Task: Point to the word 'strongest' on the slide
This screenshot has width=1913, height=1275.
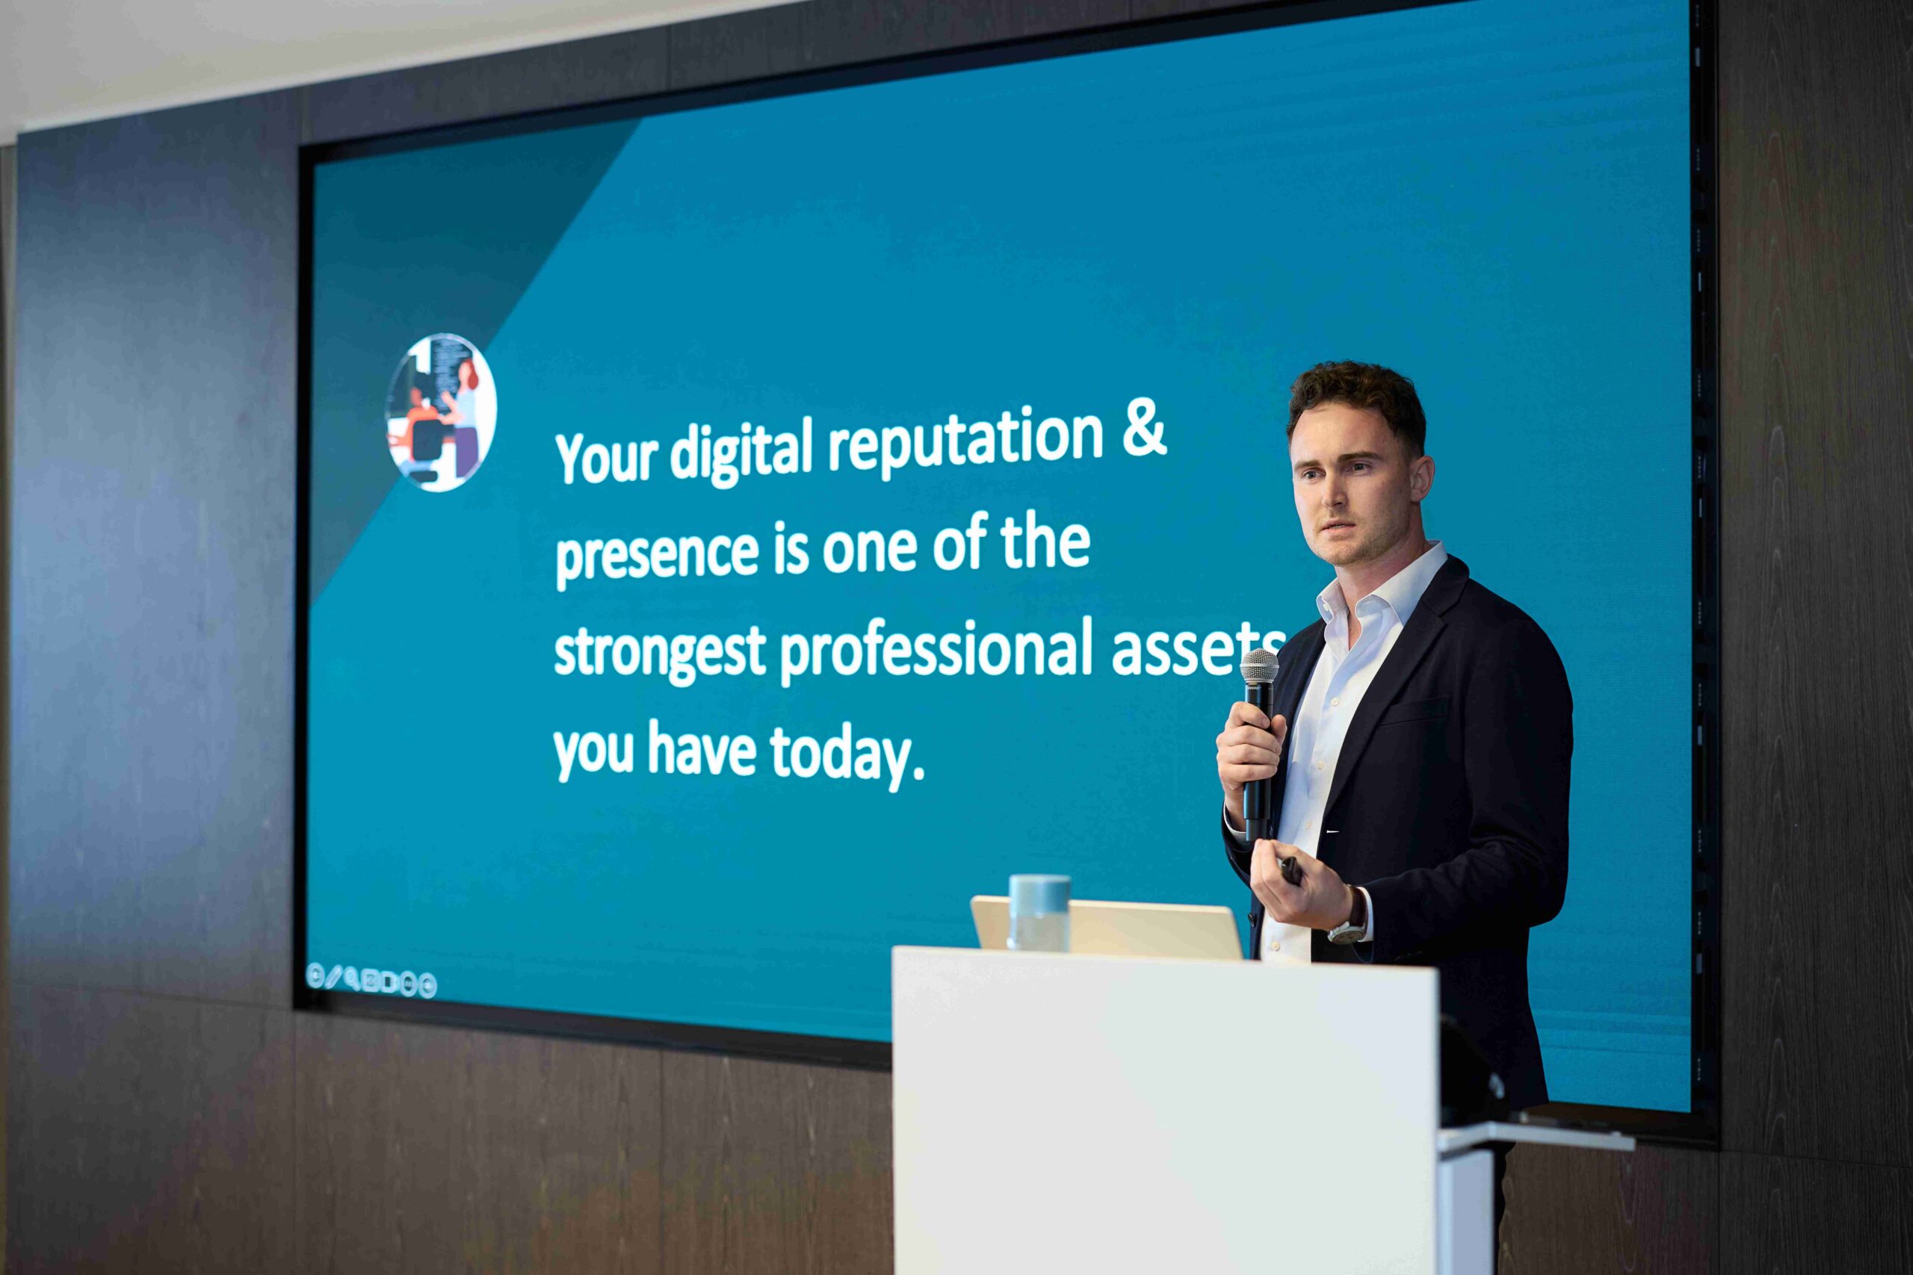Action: (x=659, y=653)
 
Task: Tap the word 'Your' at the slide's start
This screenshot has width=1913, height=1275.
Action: (x=606, y=457)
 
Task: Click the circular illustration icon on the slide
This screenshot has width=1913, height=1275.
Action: (x=440, y=412)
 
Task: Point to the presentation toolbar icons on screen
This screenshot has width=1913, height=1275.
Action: (x=371, y=981)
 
